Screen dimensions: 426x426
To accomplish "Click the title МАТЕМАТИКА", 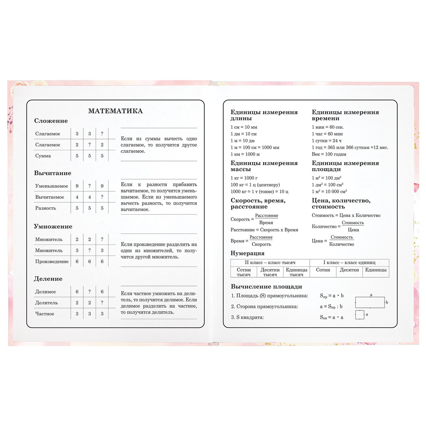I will coord(115,111).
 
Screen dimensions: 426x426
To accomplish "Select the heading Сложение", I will coord(51,121).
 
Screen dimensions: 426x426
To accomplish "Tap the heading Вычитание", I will coord(53,173).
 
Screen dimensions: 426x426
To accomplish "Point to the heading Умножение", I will coord(53,226).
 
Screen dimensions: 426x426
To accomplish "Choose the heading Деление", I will coord(48,279).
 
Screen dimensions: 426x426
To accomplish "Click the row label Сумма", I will coord(43,156).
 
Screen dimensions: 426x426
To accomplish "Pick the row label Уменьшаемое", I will coord(51,186).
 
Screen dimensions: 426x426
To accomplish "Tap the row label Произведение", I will coord(52,261).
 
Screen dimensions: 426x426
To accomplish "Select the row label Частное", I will coord(45,314).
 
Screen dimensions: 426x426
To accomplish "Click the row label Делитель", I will coord(46,302).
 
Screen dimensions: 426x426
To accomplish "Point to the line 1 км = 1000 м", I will coord(245,154).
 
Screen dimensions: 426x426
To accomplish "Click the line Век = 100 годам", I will coord(329,154).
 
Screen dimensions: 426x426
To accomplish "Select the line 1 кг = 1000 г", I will coord(244,178).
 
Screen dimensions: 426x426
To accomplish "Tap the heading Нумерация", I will coord(247,253).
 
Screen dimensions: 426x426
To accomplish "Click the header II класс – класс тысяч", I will coord(270,262).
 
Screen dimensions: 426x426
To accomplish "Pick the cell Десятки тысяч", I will coord(270,272).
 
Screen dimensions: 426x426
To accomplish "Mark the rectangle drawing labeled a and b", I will coord(370,302).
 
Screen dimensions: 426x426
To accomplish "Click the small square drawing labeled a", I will coord(360,315).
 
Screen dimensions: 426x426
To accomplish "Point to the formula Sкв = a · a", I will coord(331,317).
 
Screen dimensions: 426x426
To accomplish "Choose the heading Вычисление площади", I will coord(266,287).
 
